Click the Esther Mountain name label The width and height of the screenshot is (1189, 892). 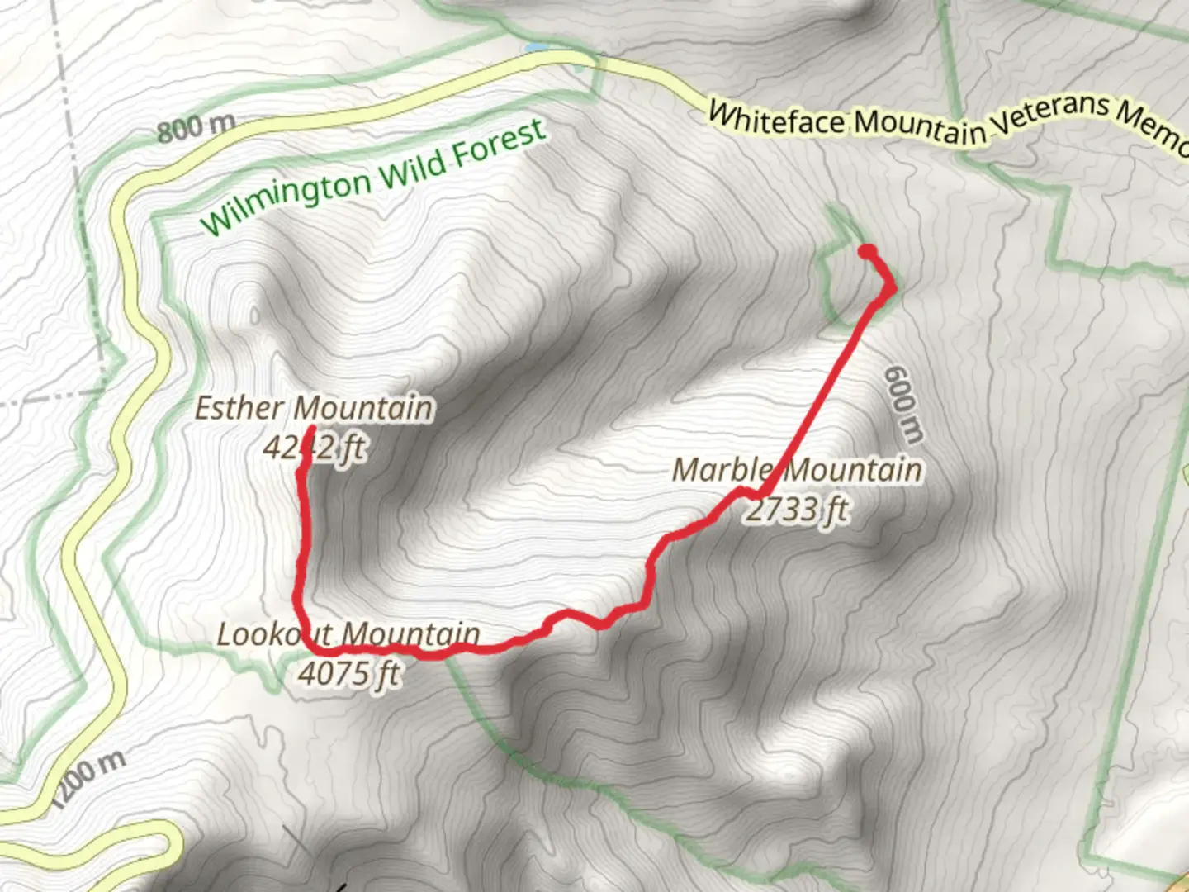click(x=314, y=408)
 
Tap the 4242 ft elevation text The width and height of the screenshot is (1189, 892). click(x=315, y=448)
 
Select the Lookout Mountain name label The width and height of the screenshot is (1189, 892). click(x=348, y=634)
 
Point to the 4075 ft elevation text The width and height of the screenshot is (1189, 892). click(x=349, y=673)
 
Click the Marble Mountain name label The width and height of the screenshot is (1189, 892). click(x=797, y=470)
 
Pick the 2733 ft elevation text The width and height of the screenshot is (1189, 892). click(x=796, y=509)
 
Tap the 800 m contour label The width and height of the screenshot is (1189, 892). click(x=196, y=127)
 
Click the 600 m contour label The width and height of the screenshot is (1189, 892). click(x=903, y=404)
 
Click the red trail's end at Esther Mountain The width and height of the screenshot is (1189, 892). click(x=310, y=429)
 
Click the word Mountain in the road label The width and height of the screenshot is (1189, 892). click(x=920, y=126)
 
